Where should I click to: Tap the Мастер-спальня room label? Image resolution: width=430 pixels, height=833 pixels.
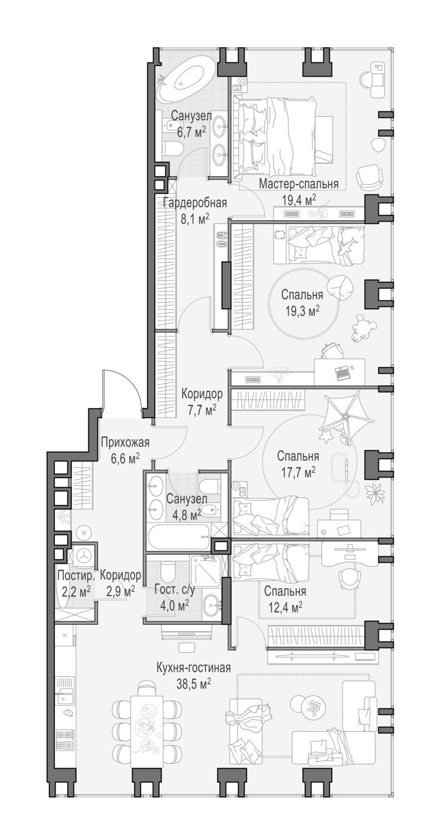[x=299, y=184]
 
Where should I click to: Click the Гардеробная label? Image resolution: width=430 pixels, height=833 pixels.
[x=195, y=203]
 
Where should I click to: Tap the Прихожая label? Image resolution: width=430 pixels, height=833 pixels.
[x=125, y=442]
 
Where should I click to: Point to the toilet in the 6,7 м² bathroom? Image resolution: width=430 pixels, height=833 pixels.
[x=173, y=148]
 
